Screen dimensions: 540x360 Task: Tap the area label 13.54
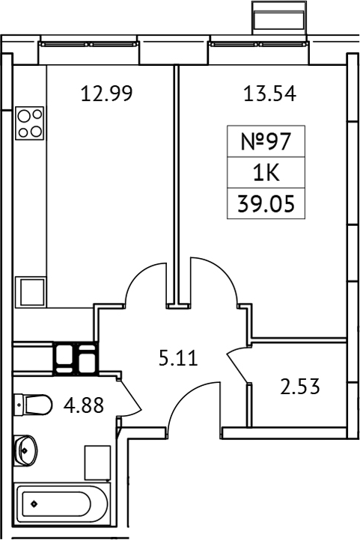click(269, 94)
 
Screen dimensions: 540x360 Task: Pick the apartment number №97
click(267, 142)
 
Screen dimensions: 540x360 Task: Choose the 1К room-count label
click(267, 174)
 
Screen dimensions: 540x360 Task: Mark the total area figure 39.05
click(267, 203)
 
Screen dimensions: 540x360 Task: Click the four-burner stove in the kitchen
click(29, 123)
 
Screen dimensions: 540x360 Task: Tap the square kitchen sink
click(32, 291)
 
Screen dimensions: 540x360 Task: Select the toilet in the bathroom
click(33, 405)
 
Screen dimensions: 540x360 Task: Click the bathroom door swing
click(127, 396)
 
